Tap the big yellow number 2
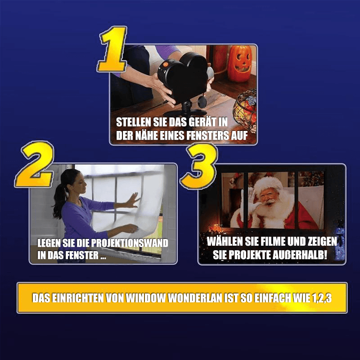(x=35, y=164)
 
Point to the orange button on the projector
(x=166, y=64)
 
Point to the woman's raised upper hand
(x=132, y=200)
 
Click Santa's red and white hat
(x=268, y=184)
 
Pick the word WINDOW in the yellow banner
(x=146, y=298)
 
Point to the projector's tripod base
(x=186, y=111)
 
